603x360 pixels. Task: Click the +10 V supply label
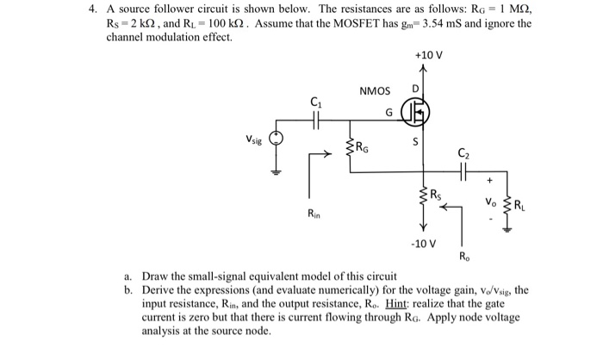[x=428, y=56]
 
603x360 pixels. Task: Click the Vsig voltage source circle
[x=277, y=139]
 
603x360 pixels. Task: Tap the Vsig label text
[x=251, y=138]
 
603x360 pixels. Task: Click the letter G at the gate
[x=389, y=112]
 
